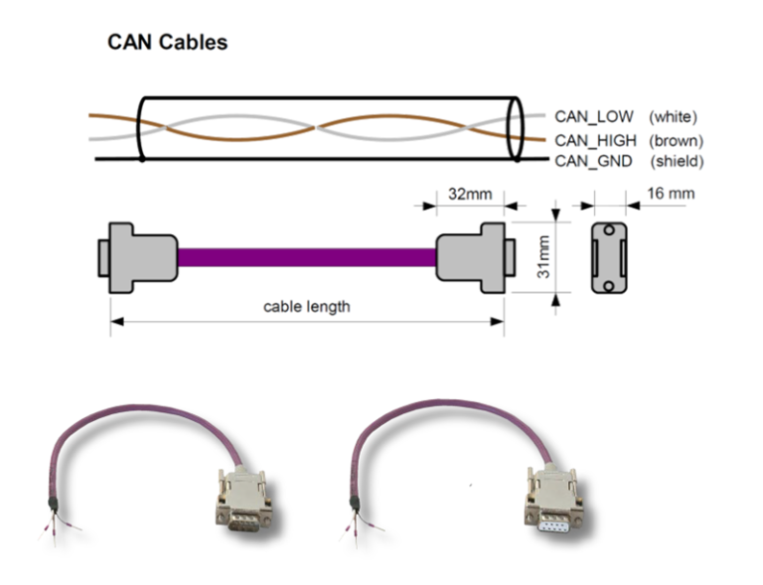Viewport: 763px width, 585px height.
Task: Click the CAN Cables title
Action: tap(167, 43)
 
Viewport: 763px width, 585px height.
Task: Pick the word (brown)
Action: tap(676, 140)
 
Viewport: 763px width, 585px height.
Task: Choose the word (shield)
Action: tap(677, 161)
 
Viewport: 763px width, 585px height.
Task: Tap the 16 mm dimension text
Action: tap(671, 193)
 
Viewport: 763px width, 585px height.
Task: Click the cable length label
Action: tap(306, 307)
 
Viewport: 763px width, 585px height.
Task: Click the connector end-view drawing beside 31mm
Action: tap(610, 257)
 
